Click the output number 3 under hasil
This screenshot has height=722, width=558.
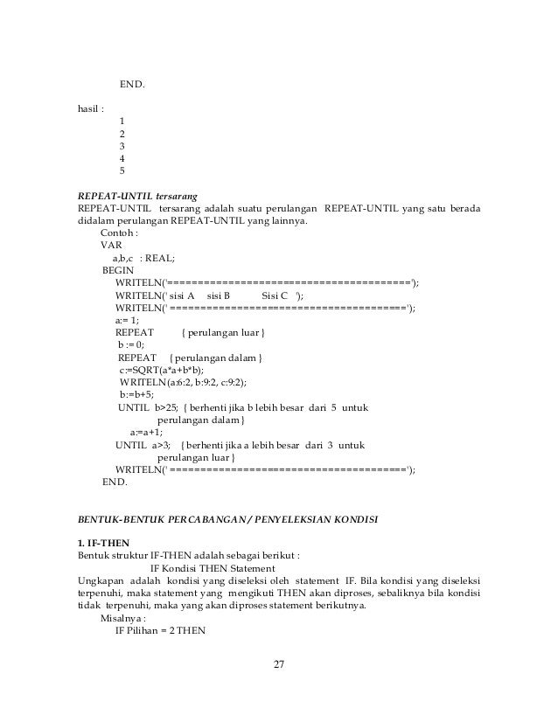(x=122, y=146)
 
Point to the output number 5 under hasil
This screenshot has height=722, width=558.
(x=122, y=171)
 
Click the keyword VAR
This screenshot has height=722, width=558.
(x=112, y=246)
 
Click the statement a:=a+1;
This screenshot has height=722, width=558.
(x=147, y=432)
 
